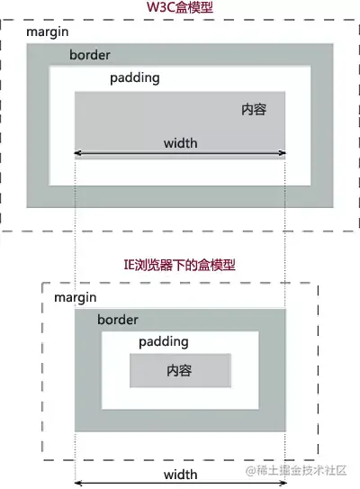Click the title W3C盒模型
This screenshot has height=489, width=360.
click(x=180, y=7)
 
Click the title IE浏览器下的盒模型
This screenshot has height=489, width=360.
click(x=179, y=265)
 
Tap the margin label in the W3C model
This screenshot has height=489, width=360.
click(x=48, y=32)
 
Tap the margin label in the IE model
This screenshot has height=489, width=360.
click(x=76, y=297)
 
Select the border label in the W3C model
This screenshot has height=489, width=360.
click(x=90, y=55)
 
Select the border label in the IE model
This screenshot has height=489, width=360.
click(x=118, y=320)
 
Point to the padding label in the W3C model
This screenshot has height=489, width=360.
click(x=135, y=78)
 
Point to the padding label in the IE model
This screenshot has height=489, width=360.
click(x=164, y=342)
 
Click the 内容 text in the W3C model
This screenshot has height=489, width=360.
click(x=254, y=110)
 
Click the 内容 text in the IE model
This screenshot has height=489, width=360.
click(x=179, y=371)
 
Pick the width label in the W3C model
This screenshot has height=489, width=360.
click(x=181, y=143)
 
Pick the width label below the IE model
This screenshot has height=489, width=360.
click(x=181, y=475)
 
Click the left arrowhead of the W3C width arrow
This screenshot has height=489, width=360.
click(x=76, y=153)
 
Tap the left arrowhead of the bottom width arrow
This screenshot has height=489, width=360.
click(x=77, y=484)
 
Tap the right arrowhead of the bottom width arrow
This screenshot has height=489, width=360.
click(x=283, y=484)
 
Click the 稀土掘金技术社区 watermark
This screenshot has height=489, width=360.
click(x=296, y=471)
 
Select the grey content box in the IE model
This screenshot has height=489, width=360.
click(x=180, y=370)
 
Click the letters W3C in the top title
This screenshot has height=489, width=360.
click(x=161, y=8)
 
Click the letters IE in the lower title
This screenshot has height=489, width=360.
click(x=129, y=265)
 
